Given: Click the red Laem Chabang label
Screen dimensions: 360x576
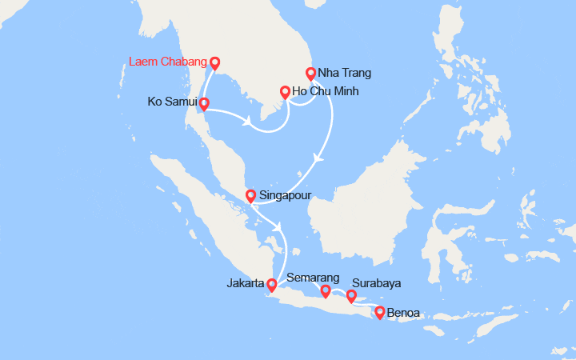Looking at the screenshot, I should (167, 61).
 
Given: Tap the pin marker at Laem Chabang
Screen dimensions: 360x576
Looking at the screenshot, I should (214, 62).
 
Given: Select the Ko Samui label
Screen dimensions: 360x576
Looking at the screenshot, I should (172, 102).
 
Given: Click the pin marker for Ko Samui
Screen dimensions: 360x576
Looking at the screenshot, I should (204, 104).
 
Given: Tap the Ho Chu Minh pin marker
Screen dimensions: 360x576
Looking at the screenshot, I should (285, 91).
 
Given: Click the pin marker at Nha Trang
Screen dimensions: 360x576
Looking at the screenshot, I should (311, 73).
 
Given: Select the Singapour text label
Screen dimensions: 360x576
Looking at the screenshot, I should (286, 195).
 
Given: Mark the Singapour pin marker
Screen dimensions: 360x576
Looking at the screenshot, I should (250, 195).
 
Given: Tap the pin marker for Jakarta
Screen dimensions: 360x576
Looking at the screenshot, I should (272, 284).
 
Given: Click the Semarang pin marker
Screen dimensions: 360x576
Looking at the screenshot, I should (326, 291).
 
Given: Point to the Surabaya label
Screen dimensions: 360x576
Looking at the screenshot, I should (376, 283).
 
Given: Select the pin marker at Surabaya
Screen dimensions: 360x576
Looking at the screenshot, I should (350, 297).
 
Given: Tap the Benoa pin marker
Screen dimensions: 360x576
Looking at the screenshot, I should (379, 313).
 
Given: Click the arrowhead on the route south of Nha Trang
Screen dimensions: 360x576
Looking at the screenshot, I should (319, 158).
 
